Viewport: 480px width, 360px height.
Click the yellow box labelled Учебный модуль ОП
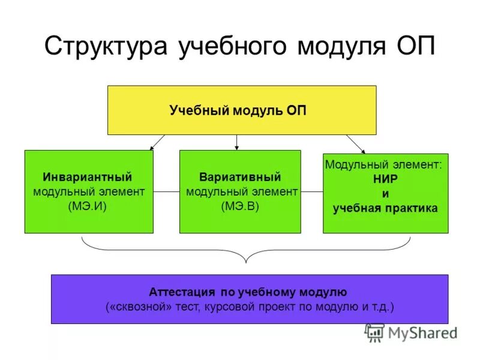pyautogui.click(x=241, y=110)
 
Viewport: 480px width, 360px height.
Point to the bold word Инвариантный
pyautogui.click(x=88, y=178)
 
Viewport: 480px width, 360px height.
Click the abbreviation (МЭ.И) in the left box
pyautogui.click(x=88, y=206)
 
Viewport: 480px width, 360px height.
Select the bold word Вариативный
pyautogui.click(x=240, y=178)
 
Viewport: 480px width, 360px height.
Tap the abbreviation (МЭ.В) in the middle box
pyautogui.click(x=240, y=206)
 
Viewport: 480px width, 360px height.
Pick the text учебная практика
pyautogui.click(x=385, y=208)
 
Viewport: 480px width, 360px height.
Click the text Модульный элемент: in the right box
pyautogui.click(x=383, y=164)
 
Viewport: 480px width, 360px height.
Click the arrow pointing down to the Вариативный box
pyautogui.click(x=237, y=142)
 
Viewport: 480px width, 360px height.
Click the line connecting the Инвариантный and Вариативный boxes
pyautogui.click(x=166, y=192)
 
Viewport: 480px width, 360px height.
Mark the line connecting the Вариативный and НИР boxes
pyautogui.click(x=311, y=192)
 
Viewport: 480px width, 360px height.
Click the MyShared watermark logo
pyautogui.click(x=411, y=332)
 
